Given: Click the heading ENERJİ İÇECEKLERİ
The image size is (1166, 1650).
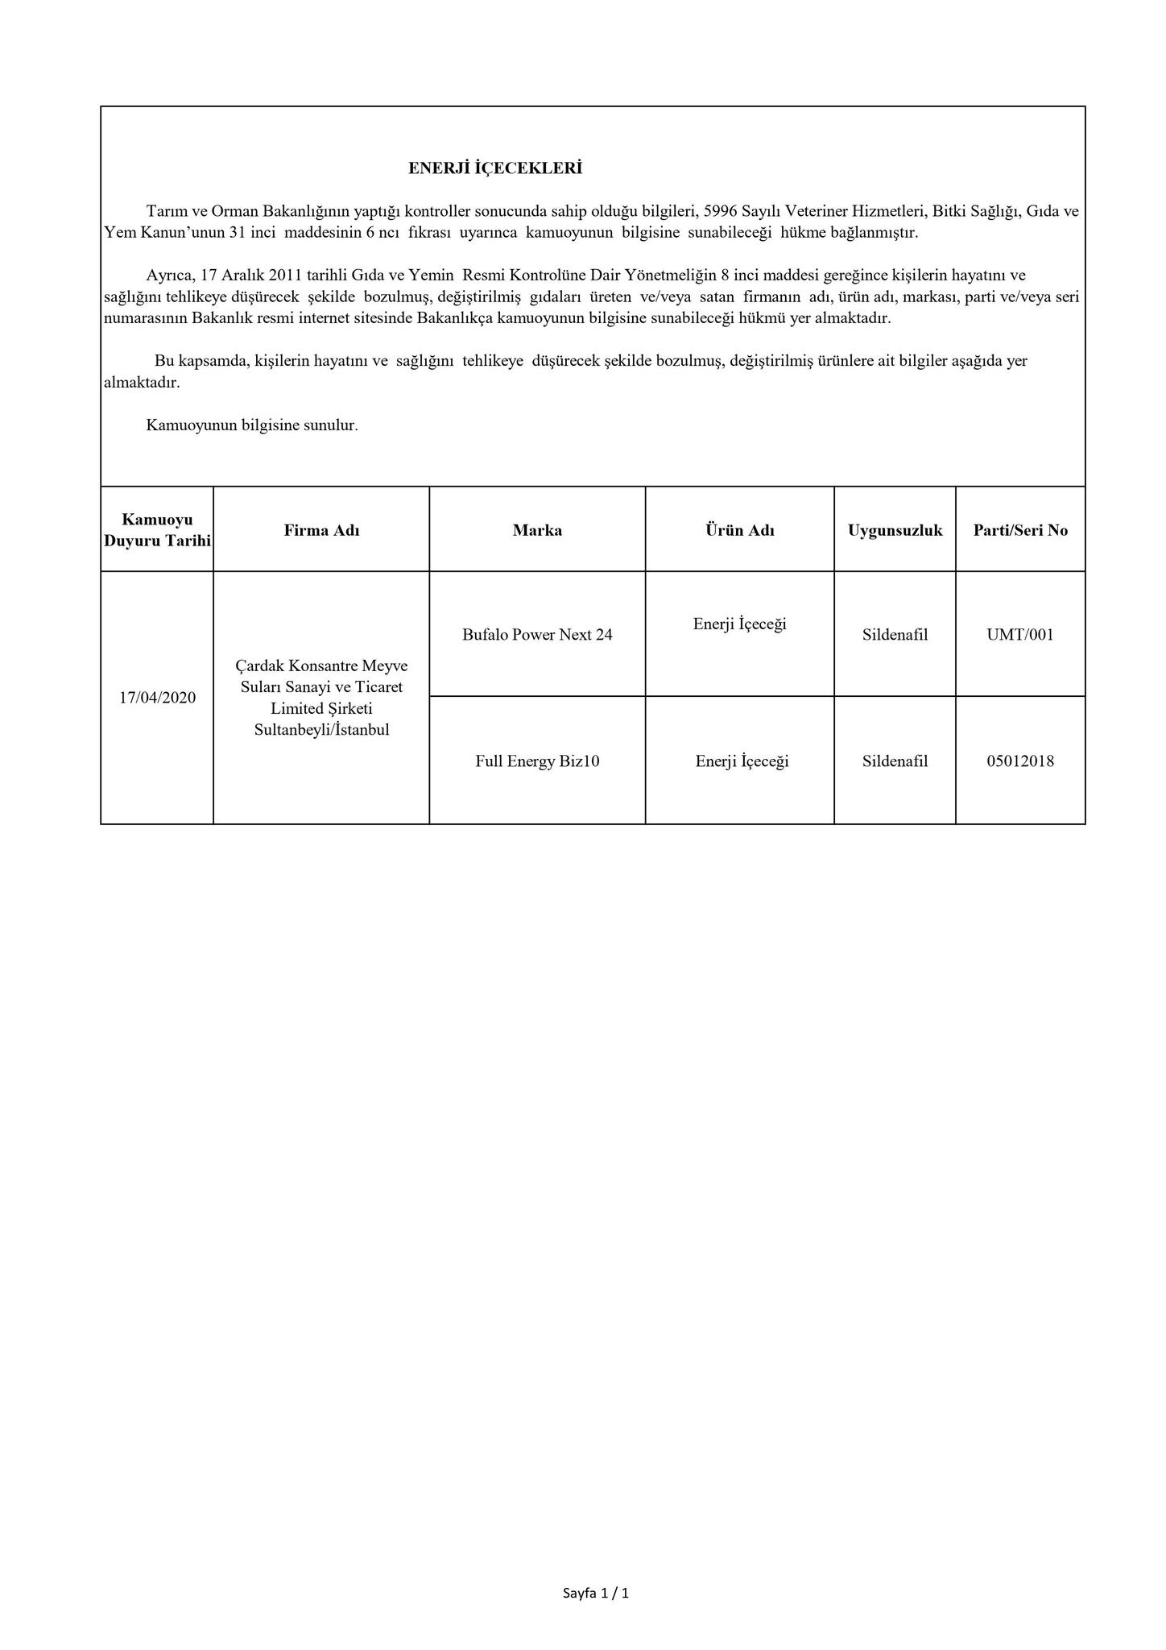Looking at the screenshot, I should pyautogui.click(x=494, y=168).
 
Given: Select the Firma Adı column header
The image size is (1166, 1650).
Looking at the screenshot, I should pyautogui.click(x=321, y=530).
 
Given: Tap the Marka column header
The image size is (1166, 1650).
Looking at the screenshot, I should pyautogui.click(x=537, y=530).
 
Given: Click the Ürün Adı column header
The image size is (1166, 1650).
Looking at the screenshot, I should pyautogui.click(x=739, y=530).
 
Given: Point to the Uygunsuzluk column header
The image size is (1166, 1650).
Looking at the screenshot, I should pyautogui.click(x=895, y=530).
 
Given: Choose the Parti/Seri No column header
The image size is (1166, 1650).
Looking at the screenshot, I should pyautogui.click(x=1020, y=530).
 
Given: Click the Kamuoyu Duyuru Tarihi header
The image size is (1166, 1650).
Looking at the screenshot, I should pyautogui.click(x=157, y=530).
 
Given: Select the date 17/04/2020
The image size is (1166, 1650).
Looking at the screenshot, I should pyautogui.click(x=157, y=698).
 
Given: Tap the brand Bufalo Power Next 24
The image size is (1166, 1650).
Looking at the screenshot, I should pyautogui.click(x=537, y=635).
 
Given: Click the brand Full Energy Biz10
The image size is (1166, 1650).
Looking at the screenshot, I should pyautogui.click(x=537, y=761).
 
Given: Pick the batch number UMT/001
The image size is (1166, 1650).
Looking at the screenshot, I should pyautogui.click(x=1020, y=635).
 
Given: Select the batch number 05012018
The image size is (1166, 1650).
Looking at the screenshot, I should pyautogui.click(x=1020, y=761).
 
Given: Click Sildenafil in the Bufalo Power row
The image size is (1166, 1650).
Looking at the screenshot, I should pyautogui.click(x=895, y=635).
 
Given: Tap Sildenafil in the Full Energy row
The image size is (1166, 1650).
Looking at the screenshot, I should pyautogui.click(x=895, y=761).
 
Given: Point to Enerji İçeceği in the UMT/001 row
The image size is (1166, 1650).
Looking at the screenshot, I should pyautogui.click(x=739, y=624).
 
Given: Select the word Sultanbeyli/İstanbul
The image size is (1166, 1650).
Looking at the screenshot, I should pyautogui.click(x=321, y=730).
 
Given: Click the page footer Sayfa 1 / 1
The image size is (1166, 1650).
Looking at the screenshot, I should pyautogui.click(x=595, y=1593).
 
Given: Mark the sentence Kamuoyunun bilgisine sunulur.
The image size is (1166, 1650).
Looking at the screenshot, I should pyautogui.click(x=251, y=425).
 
